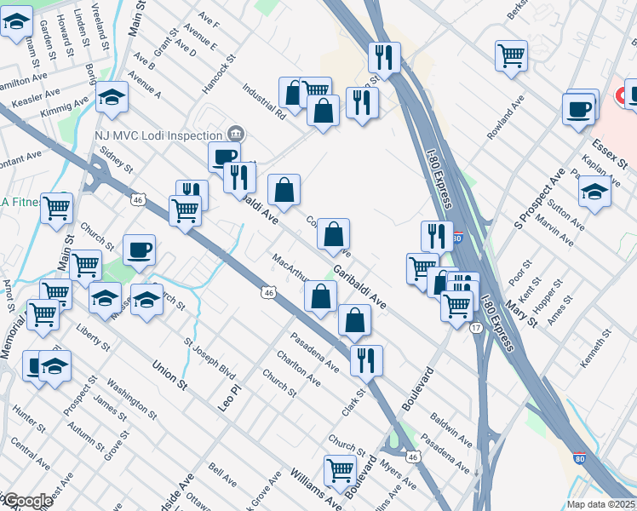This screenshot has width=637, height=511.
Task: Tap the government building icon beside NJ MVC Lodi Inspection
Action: pos(237,135)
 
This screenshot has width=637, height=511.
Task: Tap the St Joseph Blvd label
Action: pos(209,357)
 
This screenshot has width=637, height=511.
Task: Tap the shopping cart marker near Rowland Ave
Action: pos(511,56)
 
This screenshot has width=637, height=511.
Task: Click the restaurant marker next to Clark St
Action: pos(366,358)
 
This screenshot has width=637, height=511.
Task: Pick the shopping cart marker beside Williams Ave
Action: pos(340,468)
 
